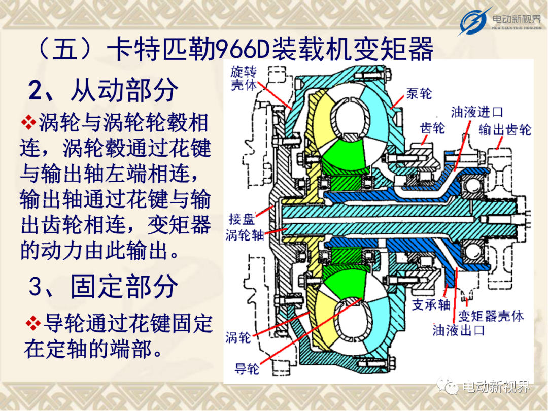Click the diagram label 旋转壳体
(x=244, y=79)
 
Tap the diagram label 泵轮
(x=419, y=94)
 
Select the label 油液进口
(x=476, y=112)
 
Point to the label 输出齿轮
(x=505, y=130)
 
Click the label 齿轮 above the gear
(x=432, y=128)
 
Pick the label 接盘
(x=242, y=219)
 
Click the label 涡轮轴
(x=245, y=235)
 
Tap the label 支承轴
(x=431, y=305)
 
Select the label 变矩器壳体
(x=491, y=316)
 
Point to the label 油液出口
(x=459, y=330)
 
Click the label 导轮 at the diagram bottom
(x=247, y=369)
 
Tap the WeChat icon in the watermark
(x=448, y=386)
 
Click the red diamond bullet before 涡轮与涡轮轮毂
(x=28, y=123)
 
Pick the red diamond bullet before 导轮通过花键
(x=33, y=323)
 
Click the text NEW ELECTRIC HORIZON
(x=517, y=28)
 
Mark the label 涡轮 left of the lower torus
(x=238, y=337)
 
